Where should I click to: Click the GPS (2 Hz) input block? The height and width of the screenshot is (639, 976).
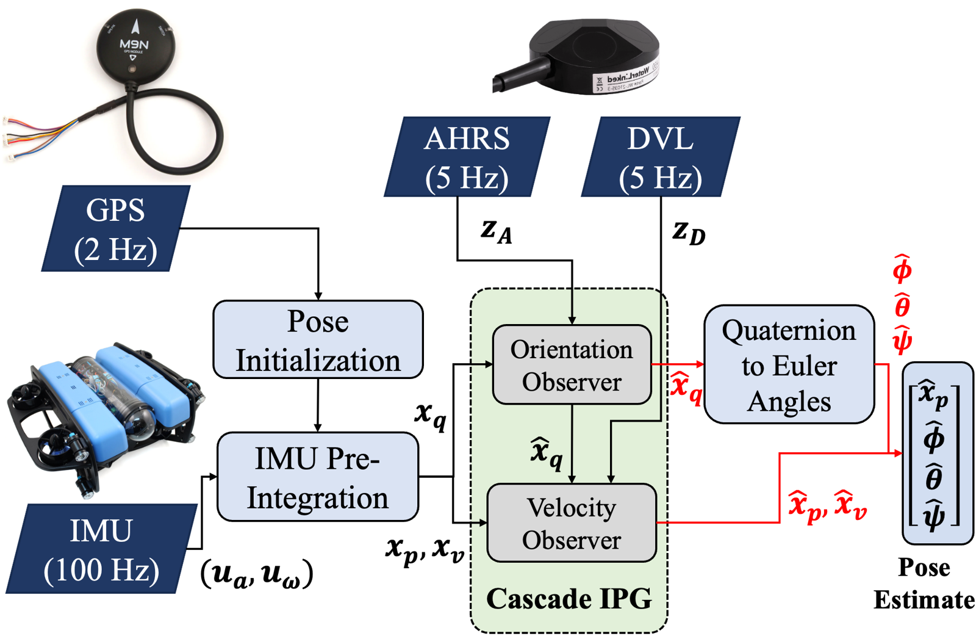pos(115,229)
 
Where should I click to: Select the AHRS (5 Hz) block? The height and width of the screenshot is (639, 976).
pos(467,157)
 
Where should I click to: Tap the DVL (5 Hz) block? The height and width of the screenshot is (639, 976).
pos(661,157)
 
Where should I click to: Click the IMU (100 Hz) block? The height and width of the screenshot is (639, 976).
pos(101,549)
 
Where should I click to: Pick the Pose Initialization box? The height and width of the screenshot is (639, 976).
pos(318,340)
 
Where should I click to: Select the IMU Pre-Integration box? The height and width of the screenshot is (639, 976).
pos(318,477)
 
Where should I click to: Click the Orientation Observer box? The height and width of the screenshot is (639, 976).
pos(572,365)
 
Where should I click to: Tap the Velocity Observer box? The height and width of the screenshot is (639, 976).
pos(572,523)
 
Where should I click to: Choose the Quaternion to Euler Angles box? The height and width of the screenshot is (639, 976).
pos(789,365)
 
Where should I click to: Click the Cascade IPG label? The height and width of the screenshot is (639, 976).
pos(569,599)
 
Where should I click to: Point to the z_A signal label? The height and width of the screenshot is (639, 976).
pos(496,231)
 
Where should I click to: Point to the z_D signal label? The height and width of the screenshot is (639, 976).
pos(689,233)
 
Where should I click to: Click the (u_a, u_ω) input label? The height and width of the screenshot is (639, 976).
pos(257,574)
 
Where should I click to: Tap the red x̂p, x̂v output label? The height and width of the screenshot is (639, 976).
pos(827,506)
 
